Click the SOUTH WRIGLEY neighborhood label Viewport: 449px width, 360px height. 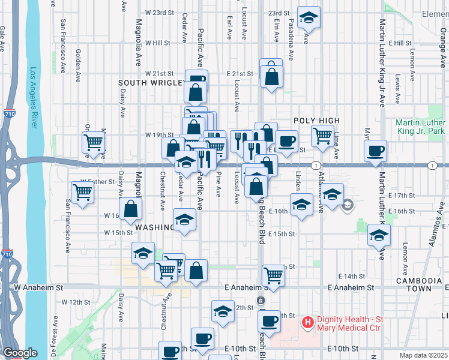tap(150, 83)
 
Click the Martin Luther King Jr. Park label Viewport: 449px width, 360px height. tap(420, 127)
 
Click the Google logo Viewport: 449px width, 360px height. tap(20, 353)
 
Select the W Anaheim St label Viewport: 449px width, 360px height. tap(38, 288)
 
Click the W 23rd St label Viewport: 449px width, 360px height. tap(158, 13)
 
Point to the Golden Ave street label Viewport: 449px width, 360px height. tap(79, 61)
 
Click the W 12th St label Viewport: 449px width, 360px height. tap(82, 302)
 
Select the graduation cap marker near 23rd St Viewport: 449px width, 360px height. tap(309, 17)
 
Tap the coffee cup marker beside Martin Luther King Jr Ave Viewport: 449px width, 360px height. tap(376, 150)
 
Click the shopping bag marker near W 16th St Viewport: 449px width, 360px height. tap(131, 209)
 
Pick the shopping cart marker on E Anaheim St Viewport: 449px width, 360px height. tap(273, 275)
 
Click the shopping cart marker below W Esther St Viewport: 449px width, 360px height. tap(82, 192)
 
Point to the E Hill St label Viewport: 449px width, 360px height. tap(400, 43)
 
